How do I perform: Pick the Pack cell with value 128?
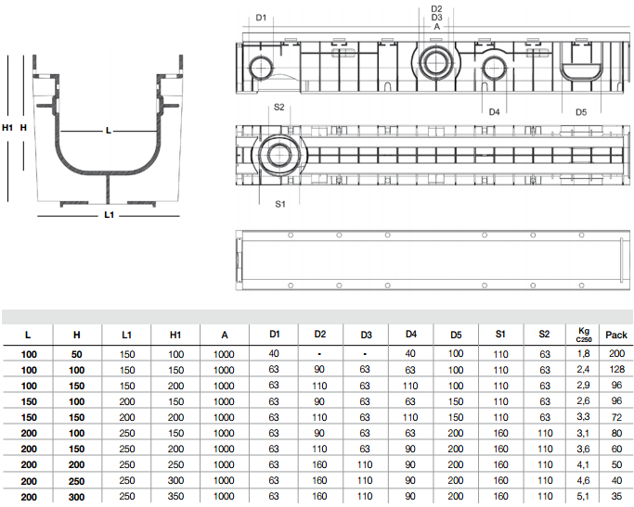pyautogui.click(x=616, y=370)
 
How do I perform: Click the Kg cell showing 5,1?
pyautogui.click(x=584, y=498)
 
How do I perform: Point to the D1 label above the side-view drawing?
pyautogui.click(x=261, y=18)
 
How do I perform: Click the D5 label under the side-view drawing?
pyautogui.click(x=581, y=112)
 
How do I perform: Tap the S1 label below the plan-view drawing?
pyautogui.click(x=279, y=202)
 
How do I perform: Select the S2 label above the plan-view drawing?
pyautogui.click(x=279, y=108)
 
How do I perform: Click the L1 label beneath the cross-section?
pyautogui.click(x=109, y=215)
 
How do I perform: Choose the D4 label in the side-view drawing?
pyautogui.click(x=495, y=112)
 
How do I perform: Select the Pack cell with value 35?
pyautogui.click(x=616, y=498)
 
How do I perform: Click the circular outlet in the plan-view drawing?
pyautogui.click(x=278, y=155)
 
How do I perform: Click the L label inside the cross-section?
pyautogui.click(x=109, y=131)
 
